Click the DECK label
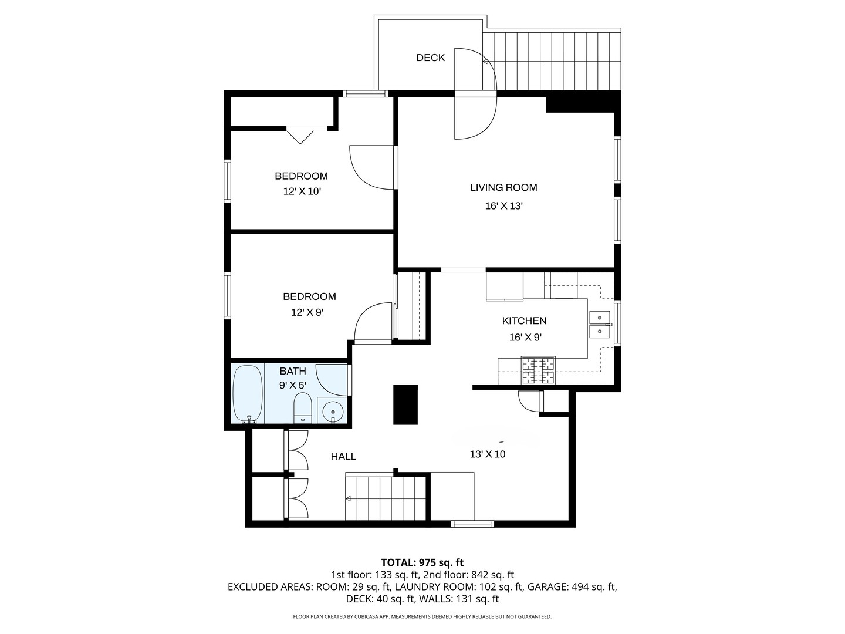430,58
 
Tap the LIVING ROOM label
503,187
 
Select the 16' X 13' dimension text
503,206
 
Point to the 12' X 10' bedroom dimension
302,191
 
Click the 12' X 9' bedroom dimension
307,312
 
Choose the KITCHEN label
524,321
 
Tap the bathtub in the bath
248,394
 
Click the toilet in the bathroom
302,407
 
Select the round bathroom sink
332,411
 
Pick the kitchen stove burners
538,370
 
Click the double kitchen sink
600,324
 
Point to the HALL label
343,457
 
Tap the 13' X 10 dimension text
488,454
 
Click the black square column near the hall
405,404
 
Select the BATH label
293,371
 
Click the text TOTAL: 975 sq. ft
422,562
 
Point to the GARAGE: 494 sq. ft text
572,586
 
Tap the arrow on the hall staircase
348,499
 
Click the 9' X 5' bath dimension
293,385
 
